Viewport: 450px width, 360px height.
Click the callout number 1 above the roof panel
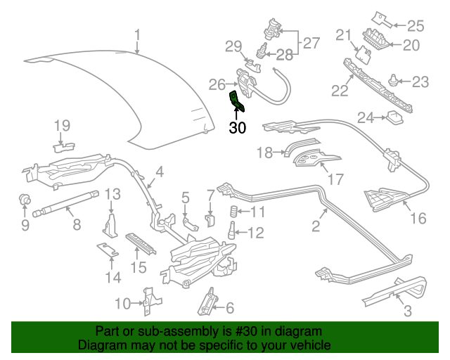click(138, 34)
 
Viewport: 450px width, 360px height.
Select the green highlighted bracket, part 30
click(237, 101)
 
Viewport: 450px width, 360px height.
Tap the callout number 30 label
click(238, 128)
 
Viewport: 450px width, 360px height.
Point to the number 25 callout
click(416, 27)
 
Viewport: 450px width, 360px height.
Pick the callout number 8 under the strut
click(77, 225)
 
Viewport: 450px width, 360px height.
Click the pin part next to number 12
click(231, 231)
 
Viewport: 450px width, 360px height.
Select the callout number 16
click(418, 219)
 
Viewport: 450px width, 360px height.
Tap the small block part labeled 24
click(394, 117)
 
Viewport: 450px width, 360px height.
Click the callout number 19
click(63, 126)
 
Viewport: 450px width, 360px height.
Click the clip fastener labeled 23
click(394, 82)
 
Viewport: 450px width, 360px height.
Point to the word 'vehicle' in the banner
click(311, 346)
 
